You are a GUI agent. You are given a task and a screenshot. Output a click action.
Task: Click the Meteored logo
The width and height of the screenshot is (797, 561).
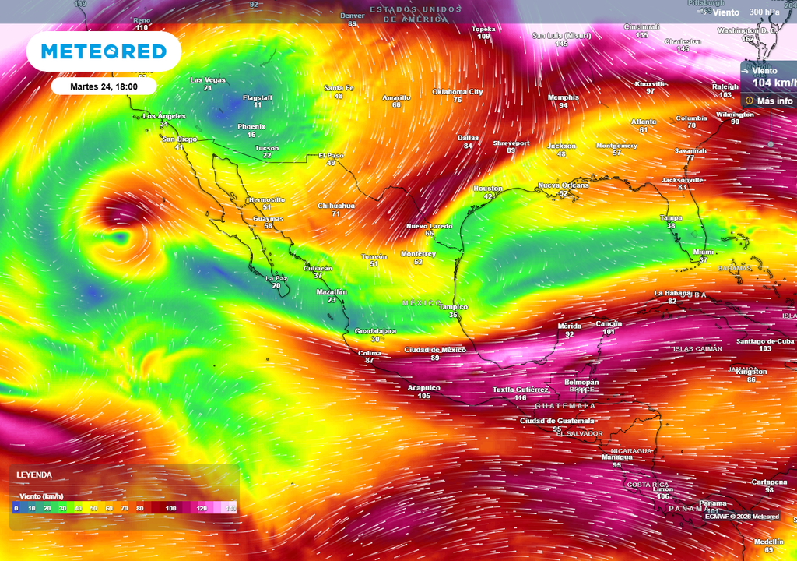104,51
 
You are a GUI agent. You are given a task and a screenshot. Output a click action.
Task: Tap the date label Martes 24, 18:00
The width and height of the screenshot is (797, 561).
104,86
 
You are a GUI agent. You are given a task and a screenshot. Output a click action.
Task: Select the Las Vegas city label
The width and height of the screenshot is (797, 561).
208,80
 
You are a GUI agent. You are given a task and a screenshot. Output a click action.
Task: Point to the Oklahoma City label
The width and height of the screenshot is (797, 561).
458,91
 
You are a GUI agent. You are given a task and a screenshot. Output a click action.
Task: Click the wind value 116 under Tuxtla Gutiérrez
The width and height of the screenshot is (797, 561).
521,397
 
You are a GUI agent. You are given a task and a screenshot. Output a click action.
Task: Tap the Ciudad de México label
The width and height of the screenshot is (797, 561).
434,350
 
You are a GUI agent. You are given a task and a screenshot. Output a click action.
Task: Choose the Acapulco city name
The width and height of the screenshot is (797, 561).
424,387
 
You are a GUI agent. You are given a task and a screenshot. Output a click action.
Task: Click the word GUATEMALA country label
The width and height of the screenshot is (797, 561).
565,406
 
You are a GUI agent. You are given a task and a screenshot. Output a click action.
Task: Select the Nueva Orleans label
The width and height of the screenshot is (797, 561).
564,185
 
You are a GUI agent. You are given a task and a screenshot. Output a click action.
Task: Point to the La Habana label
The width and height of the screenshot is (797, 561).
672,293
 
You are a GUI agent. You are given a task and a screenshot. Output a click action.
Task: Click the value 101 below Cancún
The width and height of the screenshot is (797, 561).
609,331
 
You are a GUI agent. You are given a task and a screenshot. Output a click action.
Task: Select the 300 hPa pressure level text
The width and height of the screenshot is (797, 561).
765,12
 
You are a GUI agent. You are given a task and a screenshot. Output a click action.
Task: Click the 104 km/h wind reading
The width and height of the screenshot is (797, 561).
774,83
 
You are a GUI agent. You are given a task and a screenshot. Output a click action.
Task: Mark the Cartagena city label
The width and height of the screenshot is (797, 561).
769,482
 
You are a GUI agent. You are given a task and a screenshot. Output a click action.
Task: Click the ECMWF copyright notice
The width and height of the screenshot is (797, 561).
742,516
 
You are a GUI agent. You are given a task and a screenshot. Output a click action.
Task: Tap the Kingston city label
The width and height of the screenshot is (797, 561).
751,372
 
